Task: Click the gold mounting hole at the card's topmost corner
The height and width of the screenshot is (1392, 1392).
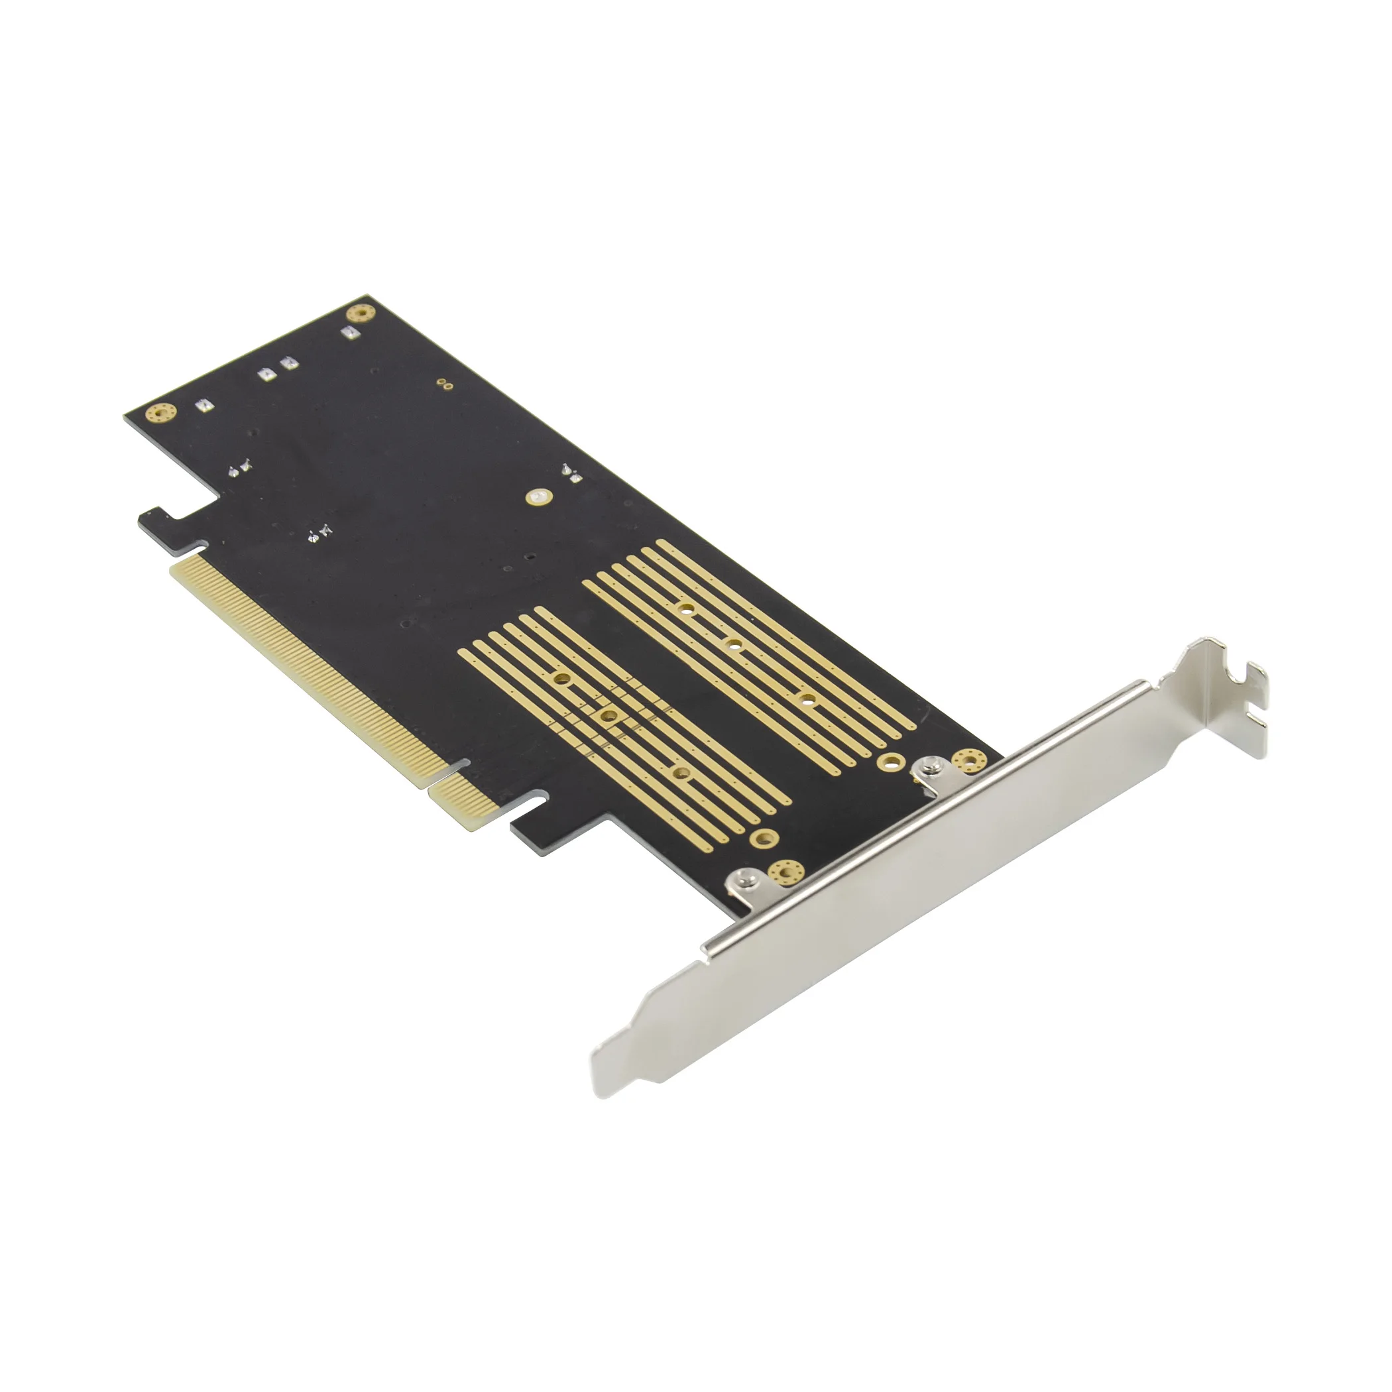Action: point(359,314)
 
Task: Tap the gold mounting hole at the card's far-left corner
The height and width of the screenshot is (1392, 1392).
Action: point(160,413)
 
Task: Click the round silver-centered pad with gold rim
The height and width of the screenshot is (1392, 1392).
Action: point(538,496)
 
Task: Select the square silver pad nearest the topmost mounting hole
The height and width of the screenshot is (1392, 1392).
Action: point(350,332)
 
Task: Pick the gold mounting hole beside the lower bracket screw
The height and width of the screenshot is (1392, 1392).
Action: point(784,872)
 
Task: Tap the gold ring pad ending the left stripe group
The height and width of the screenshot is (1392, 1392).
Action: point(764,837)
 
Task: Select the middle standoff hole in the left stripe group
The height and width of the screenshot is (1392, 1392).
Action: point(609,715)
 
